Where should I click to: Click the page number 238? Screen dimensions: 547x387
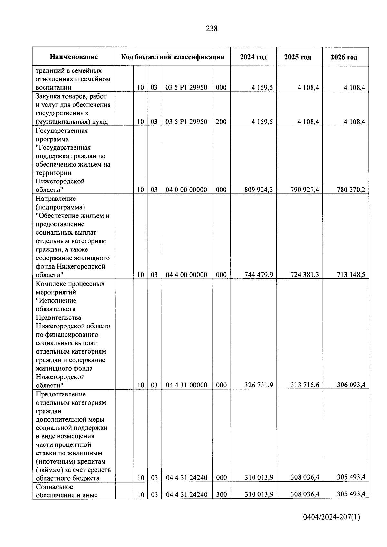click(x=212, y=29)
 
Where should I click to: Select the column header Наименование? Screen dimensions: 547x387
click(x=74, y=57)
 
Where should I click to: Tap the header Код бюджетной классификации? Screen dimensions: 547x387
click(x=173, y=57)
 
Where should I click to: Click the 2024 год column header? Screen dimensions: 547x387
click(x=253, y=57)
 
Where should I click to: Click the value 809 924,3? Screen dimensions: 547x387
click(x=259, y=190)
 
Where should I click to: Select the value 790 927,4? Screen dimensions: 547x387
click(x=304, y=190)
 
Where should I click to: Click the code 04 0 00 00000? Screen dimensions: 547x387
click(x=186, y=190)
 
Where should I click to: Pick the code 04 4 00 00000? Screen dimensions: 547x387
click(x=186, y=275)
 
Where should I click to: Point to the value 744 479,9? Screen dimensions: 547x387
click(x=259, y=275)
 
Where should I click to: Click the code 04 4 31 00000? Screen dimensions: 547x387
click(x=186, y=385)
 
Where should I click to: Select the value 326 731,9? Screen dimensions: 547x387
click(x=259, y=385)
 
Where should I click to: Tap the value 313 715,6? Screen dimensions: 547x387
click(x=304, y=385)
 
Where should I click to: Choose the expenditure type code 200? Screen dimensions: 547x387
click(x=221, y=122)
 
